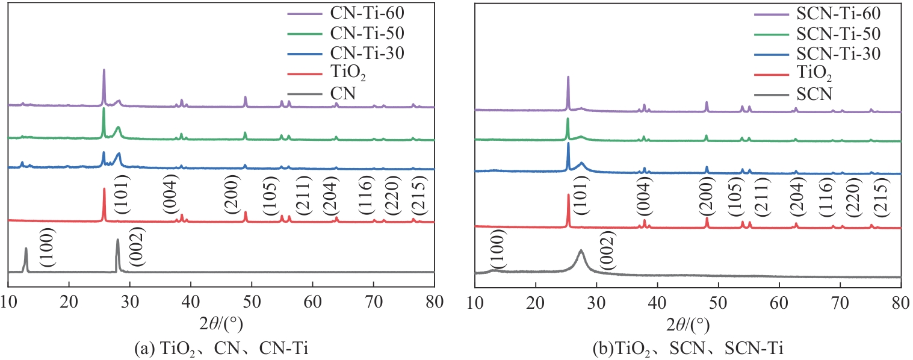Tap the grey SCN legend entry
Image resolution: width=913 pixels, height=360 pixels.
coord(814,94)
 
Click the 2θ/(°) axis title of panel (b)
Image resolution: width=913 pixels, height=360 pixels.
coord(689,324)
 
